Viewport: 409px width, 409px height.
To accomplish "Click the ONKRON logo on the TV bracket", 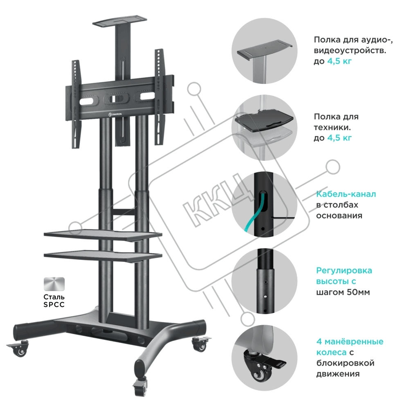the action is point(115,114).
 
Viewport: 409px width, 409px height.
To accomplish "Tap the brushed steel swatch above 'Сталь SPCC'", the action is point(54,284).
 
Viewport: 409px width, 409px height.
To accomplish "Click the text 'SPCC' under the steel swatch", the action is point(54,305).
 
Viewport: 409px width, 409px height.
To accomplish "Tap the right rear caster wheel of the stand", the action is point(200,344).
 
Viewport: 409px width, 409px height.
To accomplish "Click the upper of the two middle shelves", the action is point(103,235).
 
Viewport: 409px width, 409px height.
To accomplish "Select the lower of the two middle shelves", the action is point(103,256).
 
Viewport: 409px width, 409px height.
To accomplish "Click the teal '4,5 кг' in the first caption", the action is point(339,61).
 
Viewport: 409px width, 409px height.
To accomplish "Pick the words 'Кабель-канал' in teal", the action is point(346,194).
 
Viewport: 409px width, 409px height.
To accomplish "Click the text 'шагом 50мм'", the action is point(343,292).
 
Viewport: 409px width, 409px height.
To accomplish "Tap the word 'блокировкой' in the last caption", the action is point(345,363).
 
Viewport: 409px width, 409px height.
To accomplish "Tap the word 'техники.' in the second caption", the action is point(332,128).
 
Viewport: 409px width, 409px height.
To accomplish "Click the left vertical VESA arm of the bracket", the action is point(76,104).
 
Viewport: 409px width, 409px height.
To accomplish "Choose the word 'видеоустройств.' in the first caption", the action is point(350,51).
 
